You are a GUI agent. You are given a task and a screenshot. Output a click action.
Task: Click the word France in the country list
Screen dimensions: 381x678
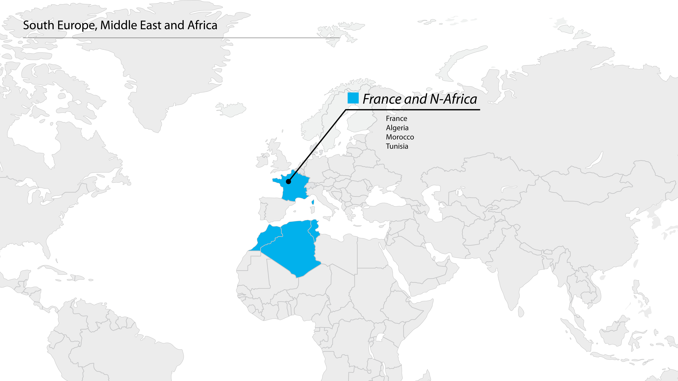point(396,119)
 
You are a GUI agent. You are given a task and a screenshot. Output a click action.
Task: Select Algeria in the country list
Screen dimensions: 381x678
point(397,128)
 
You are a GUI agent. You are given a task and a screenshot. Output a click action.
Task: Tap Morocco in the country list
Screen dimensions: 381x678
point(400,137)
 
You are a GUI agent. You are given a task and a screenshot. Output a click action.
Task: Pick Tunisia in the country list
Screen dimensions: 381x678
point(397,146)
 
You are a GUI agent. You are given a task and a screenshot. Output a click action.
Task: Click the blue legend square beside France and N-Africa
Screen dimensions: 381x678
point(353,98)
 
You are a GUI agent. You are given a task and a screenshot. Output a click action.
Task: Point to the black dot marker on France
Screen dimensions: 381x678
point(288,181)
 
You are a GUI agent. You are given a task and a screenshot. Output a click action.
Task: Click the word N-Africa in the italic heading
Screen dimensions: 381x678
point(453,99)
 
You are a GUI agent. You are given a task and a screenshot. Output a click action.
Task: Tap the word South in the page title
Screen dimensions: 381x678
point(38,25)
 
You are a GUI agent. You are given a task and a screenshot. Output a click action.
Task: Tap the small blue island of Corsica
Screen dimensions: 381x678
point(313,202)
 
